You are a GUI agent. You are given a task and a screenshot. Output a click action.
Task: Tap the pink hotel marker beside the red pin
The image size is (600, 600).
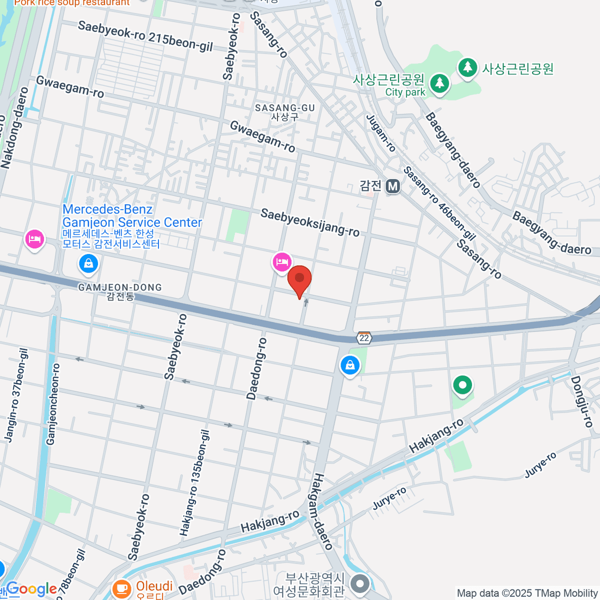pos(282,262)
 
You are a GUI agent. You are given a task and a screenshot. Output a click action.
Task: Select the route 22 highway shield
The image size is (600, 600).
pos(364,338)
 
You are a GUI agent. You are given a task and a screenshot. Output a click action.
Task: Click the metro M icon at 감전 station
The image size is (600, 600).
pos(393,186)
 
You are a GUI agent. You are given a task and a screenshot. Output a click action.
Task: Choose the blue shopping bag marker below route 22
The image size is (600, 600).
pos(350,365)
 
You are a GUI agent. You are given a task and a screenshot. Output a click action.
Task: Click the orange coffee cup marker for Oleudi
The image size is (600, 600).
pos(121,588)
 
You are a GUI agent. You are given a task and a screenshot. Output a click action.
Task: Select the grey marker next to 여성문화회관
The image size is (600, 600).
pos(359,583)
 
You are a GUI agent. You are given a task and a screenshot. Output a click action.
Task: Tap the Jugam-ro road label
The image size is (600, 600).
pos(381,133)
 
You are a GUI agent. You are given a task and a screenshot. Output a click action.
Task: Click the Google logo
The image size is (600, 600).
pos(31,589)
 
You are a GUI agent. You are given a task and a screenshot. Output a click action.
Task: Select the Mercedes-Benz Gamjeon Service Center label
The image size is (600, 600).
pos(132,216)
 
